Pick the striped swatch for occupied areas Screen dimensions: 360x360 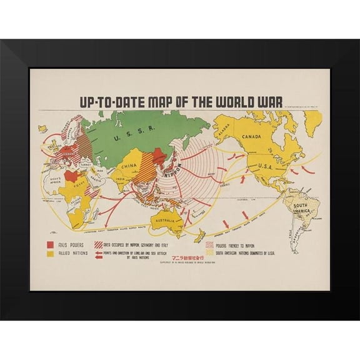[99, 244]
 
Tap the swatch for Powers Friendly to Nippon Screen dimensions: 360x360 [209, 244]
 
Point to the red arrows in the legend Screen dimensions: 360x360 [99, 254]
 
